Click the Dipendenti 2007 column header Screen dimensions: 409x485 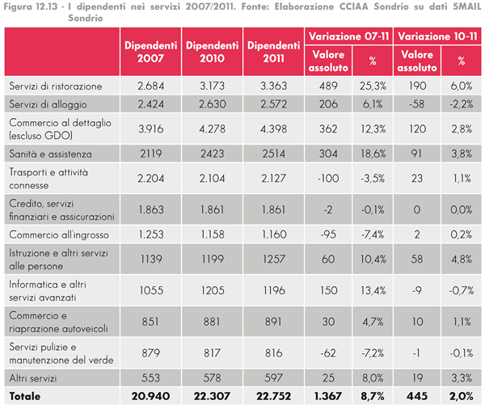coord(151,50)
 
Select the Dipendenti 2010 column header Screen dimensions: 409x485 coord(213,50)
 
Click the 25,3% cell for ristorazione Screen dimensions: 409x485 coord(373,86)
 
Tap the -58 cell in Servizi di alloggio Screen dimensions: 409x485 coord(418,105)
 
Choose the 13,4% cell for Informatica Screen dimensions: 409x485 coord(373,289)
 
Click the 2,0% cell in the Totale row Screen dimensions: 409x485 coord(462,397)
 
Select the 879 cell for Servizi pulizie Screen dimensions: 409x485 coord(151,352)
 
